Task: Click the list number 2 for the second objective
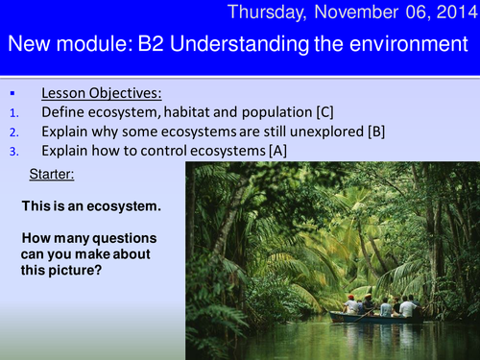tap(10, 132)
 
